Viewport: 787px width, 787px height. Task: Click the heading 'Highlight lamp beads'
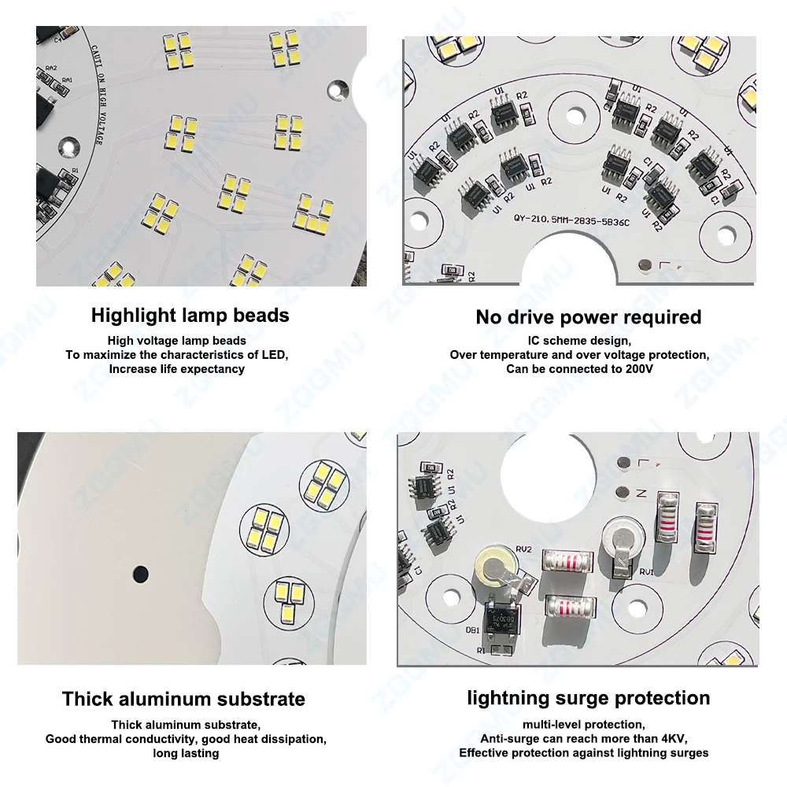pos(190,316)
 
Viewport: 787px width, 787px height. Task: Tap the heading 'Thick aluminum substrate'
pos(183,699)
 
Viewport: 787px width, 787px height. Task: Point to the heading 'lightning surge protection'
pos(588,698)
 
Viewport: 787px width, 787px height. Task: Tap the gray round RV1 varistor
pos(620,541)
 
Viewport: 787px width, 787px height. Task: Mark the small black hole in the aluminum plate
pos(140,572)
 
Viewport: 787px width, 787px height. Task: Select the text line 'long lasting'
pos(186,753)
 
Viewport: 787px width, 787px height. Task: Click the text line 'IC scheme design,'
pos(578,341)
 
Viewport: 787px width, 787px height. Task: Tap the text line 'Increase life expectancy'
pos(176,368)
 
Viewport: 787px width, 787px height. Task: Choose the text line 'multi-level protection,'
pos(583,724)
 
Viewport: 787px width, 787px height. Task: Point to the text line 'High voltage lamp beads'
pos(177,341)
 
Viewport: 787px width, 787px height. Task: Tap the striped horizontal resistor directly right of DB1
pos(569,606)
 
